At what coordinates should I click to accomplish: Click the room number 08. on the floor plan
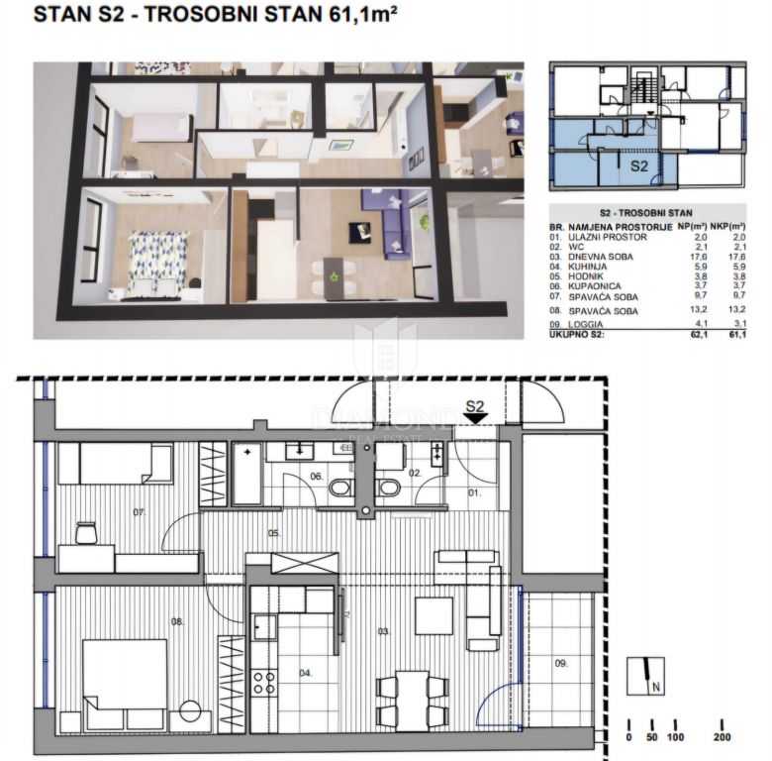point(178,622)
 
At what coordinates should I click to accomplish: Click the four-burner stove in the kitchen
point(264,681)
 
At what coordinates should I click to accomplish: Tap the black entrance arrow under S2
point(476,419)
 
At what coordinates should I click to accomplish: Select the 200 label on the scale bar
point(722,737)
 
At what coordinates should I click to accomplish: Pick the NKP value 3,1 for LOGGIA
point(737,323)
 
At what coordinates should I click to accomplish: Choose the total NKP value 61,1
point(737,336)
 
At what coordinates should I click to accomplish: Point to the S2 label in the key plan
point(639,166)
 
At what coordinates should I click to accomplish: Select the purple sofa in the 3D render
point(384,226)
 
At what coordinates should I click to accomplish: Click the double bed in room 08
point(126,684)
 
